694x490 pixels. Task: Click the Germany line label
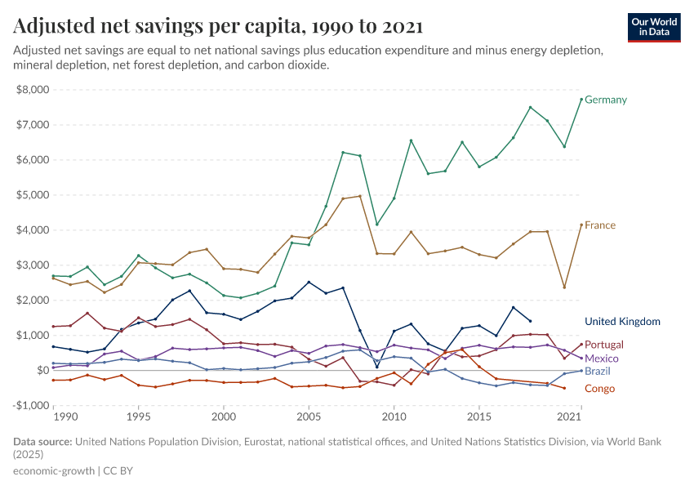(605, 100)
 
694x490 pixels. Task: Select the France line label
(600, 225)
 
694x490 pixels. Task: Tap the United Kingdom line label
(622, 322)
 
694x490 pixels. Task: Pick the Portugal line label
(604, 345)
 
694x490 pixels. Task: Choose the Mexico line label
(602, 359)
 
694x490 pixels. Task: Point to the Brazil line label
(598, 372)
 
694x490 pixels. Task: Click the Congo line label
(599, 389)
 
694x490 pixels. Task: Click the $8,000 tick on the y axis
(33, 90)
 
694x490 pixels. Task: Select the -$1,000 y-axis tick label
(31, 406)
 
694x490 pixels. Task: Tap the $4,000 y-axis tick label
(33, 230)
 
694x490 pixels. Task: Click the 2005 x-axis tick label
(309, 417)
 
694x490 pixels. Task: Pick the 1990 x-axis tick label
(65, 417)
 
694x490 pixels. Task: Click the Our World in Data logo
(654, 27)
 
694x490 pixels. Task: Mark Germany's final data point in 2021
(581, 100)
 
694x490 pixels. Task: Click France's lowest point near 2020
(564, 287)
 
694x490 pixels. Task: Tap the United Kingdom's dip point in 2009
(377, 367)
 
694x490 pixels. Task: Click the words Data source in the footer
(42, 442)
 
